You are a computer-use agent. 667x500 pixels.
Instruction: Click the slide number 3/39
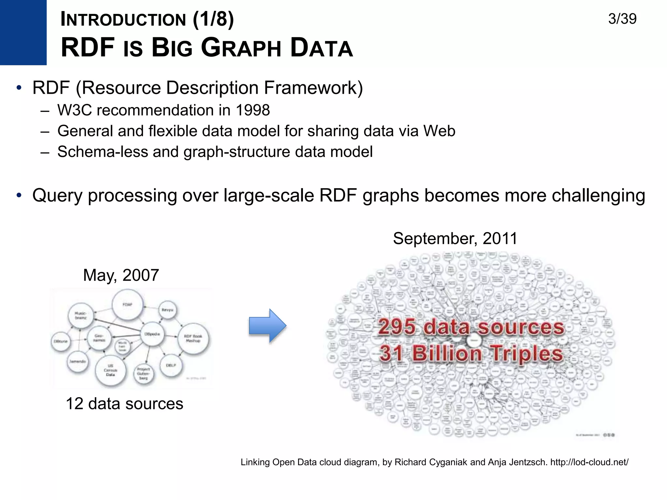[622, 19]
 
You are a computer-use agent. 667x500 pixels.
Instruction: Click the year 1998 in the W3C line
[253, 110]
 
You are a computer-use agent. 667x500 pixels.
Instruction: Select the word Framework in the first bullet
[313, 88]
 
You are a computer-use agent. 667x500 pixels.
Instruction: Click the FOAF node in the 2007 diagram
[127, 305]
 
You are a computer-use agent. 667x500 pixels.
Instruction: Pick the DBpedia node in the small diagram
[152, 334]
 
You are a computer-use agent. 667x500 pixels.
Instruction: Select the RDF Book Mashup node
[193, 339]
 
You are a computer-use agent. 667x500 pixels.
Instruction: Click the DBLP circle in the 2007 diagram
[171, 365]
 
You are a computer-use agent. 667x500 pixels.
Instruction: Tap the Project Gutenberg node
[143, 374]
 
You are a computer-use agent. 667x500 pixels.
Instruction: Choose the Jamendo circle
[78, 361]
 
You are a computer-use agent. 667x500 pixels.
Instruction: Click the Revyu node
[167, 310]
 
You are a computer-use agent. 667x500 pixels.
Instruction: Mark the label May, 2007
[121, 275]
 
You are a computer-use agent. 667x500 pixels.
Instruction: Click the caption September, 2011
[455, 239]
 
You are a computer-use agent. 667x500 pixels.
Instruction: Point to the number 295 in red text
[397, 327]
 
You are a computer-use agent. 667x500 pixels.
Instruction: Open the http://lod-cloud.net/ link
[589, 462]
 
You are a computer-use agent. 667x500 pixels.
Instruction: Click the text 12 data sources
[124, 404]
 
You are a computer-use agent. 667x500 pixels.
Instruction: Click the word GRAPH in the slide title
[241, 48]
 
